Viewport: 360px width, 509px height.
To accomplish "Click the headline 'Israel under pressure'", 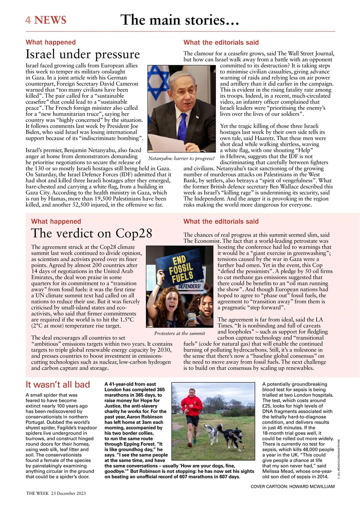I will (x=83, y=54).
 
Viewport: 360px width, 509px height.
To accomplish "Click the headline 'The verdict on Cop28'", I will (x=91, y=233).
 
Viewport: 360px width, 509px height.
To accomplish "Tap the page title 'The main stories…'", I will (x=180, y=20).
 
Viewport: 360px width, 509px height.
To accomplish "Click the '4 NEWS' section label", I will (x=46, y=20).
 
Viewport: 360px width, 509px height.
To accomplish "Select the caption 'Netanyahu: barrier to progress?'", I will (x=181, y=159).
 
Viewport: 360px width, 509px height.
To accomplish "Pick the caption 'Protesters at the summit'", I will (x=180, y=333).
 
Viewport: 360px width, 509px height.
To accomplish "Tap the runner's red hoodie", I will (x=192, y=406).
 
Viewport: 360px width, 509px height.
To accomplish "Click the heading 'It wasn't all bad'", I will (x=58, y=385).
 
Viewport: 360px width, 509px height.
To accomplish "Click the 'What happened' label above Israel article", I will (x=50, y=42).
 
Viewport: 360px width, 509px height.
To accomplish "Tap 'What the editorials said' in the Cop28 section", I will (x=221, y=221).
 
